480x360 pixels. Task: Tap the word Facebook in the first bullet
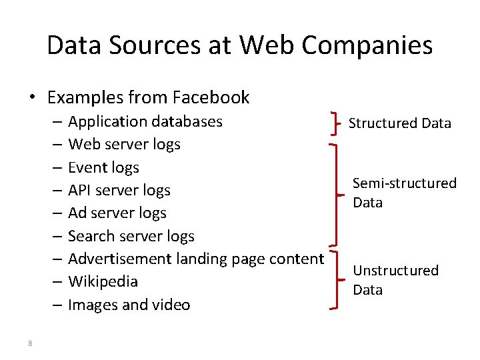point(211,97)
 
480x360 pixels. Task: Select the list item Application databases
point(145,122)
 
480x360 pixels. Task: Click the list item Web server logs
point(124,145)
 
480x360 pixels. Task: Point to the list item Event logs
point(103,167)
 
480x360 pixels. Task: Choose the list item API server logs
point(119,191)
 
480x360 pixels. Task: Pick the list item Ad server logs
point(117,213)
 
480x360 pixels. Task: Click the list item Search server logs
point(131,236)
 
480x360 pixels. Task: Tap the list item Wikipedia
point(103,281)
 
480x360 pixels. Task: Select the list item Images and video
point(129,305)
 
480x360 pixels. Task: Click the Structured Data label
point(400,123)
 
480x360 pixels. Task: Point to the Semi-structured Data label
point(404,193)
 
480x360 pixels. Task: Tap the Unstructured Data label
point(395,280)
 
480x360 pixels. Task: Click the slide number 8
point(31,343)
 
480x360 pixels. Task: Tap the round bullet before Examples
point(32,98)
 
